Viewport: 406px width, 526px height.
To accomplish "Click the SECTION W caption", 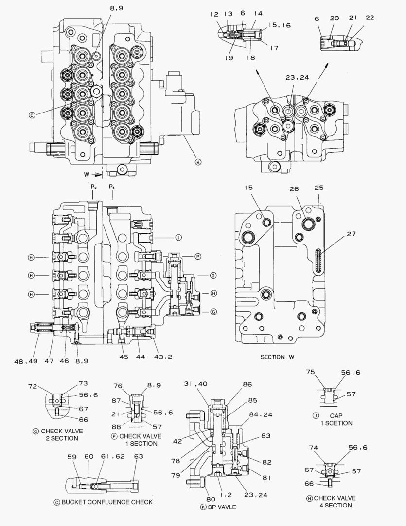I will coord(277,357).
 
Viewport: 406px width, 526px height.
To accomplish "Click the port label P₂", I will coord(93,187).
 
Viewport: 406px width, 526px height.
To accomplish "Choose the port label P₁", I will coord(112,187).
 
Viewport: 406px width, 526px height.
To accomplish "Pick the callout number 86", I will coord(247,384).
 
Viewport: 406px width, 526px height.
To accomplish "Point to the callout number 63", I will coord(139,456).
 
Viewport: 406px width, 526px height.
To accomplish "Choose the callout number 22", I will coord(370,18).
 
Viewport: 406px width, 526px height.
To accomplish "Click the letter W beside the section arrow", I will coord(86,173).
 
